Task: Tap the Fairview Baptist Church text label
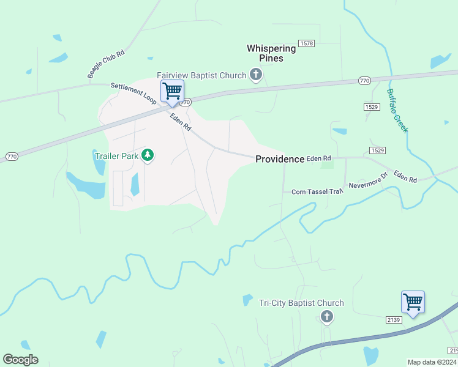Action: (201, 75)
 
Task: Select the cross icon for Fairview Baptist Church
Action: (257, 75)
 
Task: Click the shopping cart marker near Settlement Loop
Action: (172, 91)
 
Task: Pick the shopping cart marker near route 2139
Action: (413, 302)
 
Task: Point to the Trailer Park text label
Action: (116, 156)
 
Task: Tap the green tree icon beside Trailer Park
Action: (147, 155)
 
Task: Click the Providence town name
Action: (279, 159)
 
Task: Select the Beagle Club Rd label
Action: (106, 64)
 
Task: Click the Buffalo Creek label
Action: (397, 111)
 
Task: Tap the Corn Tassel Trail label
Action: (317, 191)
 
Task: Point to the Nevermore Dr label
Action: (368, 181)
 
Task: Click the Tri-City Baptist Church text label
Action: (301, 303)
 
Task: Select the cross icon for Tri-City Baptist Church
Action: (327, 316)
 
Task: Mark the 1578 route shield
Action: (306, 43)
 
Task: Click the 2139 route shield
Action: (394, 320)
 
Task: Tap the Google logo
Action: (20, 360)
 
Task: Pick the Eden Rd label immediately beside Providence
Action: (318, 158)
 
